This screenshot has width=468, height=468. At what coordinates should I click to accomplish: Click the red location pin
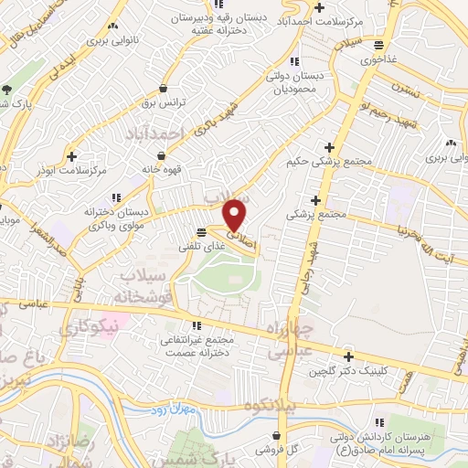235,215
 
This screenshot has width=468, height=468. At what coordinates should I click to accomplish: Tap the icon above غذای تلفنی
201,232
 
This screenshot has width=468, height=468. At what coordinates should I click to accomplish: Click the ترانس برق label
164,103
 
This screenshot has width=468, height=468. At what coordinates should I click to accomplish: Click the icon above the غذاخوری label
378,46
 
